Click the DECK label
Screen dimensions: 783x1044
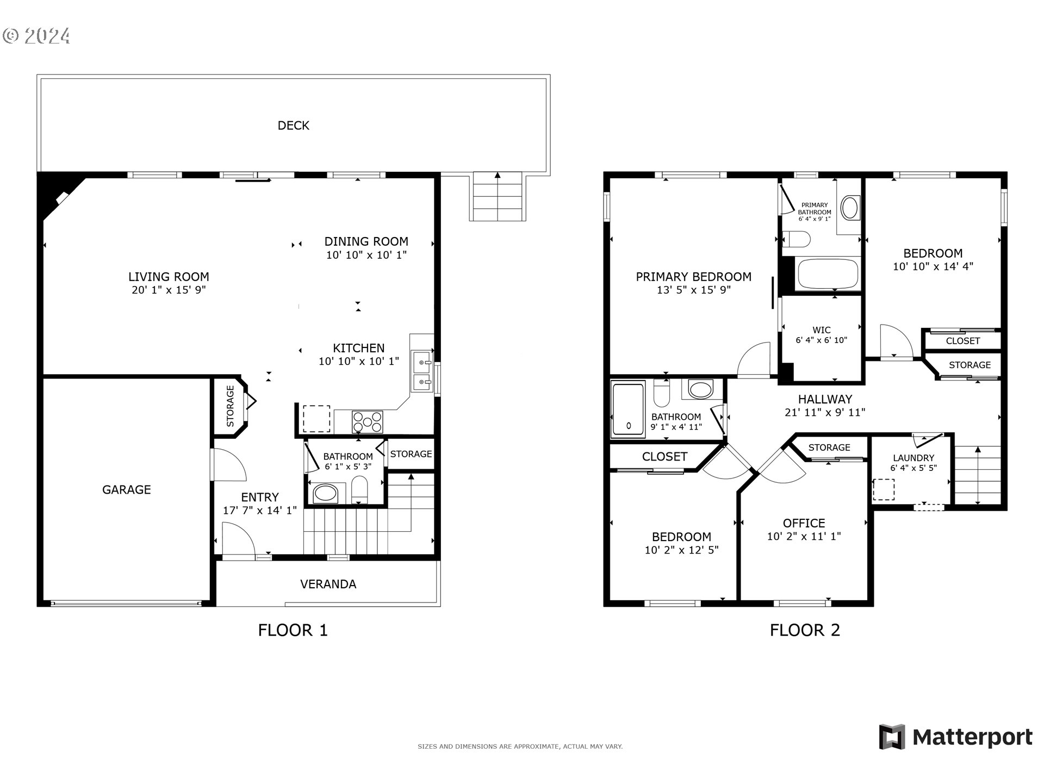(293, 126)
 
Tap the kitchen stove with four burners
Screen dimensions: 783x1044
(367, 422)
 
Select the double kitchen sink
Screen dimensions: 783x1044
(422, 371)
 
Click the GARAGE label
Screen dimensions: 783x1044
(126, 489)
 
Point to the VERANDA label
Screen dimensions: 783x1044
(328, 584)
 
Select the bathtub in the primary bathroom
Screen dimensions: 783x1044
(827, 275)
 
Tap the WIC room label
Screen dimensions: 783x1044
(821, 330)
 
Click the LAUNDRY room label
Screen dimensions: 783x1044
(913, 458)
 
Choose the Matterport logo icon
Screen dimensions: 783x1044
(892, 737)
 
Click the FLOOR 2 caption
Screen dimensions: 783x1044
(804, 630)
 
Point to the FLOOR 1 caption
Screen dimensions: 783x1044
(293, 630)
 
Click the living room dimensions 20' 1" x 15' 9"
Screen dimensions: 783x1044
(169, 290)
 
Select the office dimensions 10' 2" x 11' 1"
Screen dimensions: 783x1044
(804, 537)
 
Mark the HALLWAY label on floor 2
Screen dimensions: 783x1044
(824, 399)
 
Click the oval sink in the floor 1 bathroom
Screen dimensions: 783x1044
(325, 494)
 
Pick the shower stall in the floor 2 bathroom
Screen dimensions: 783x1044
(628, 409)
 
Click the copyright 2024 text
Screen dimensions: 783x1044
(36, 36)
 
